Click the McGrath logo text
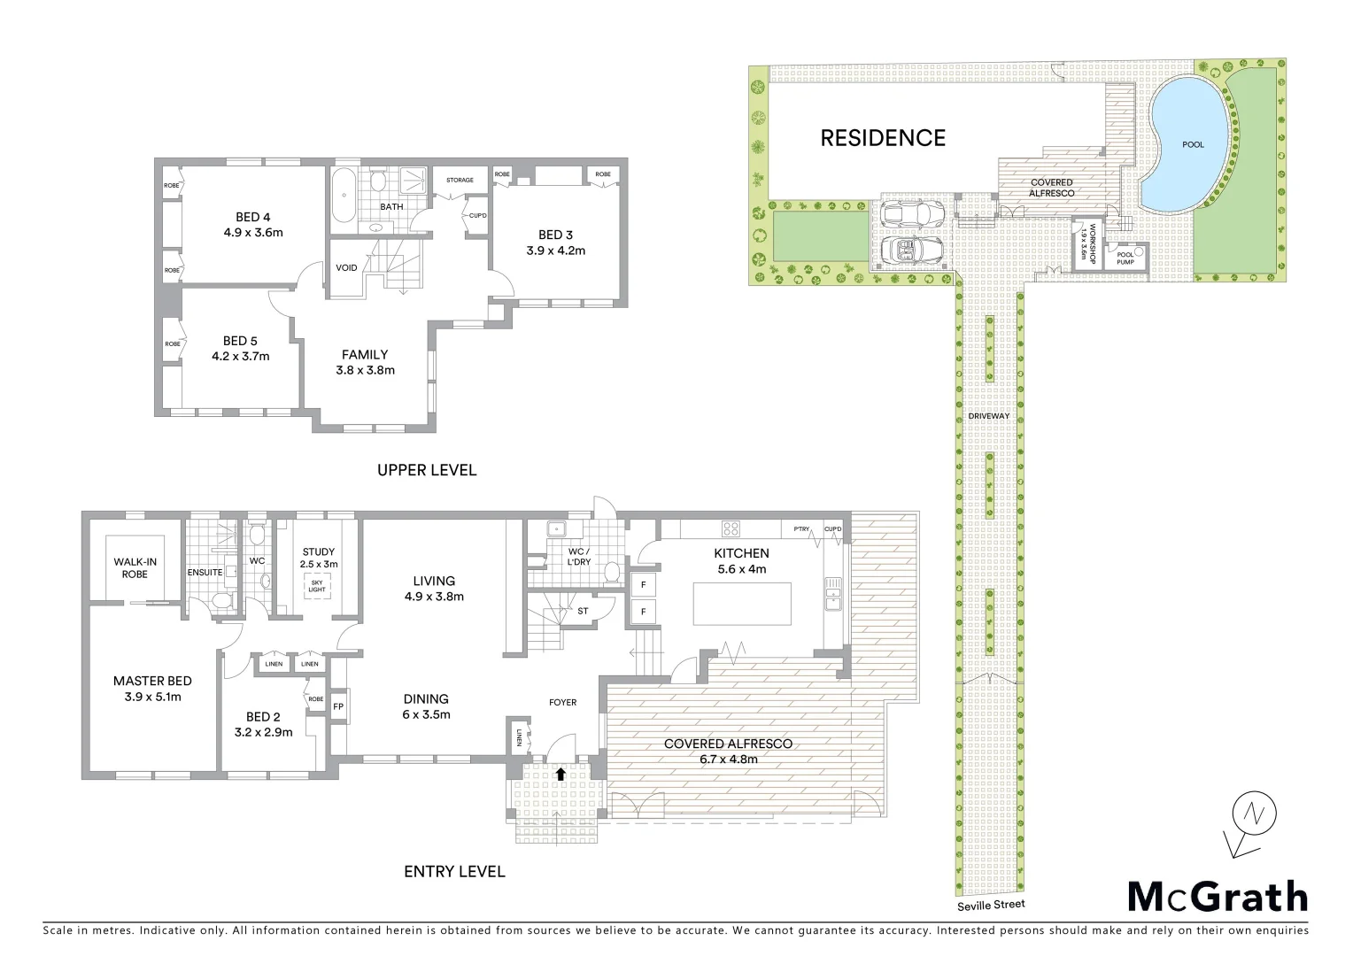pyautogui.click(x=1218, y=896)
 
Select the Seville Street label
pyautogui.click(x=989, y=905)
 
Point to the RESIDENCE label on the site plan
pyautogui.click(x=883, y=138)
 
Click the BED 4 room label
pyautogui.click(x=253, y=217)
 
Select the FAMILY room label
pyautogui.click(x=365, y=355)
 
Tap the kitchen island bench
pyautogui.click(x=731, y=602)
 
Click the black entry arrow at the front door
pyautogui.click(x=560, y=773)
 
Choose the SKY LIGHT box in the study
pyautogui.click(x=315, y=584)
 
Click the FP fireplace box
pyautogui.click(x=337, y=707)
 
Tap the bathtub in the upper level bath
pyautogui.click(x=343, y=196)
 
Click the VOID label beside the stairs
pyautogui.click(x=347, y=267)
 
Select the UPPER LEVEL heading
pyautogui.click(x=427, y=470)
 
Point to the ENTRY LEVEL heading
pyautogui.click(x=454, y=872)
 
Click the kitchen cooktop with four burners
pyautogui.click(x=732, y=529)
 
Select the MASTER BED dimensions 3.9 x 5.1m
pyautogui.click(x=152, y=697)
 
